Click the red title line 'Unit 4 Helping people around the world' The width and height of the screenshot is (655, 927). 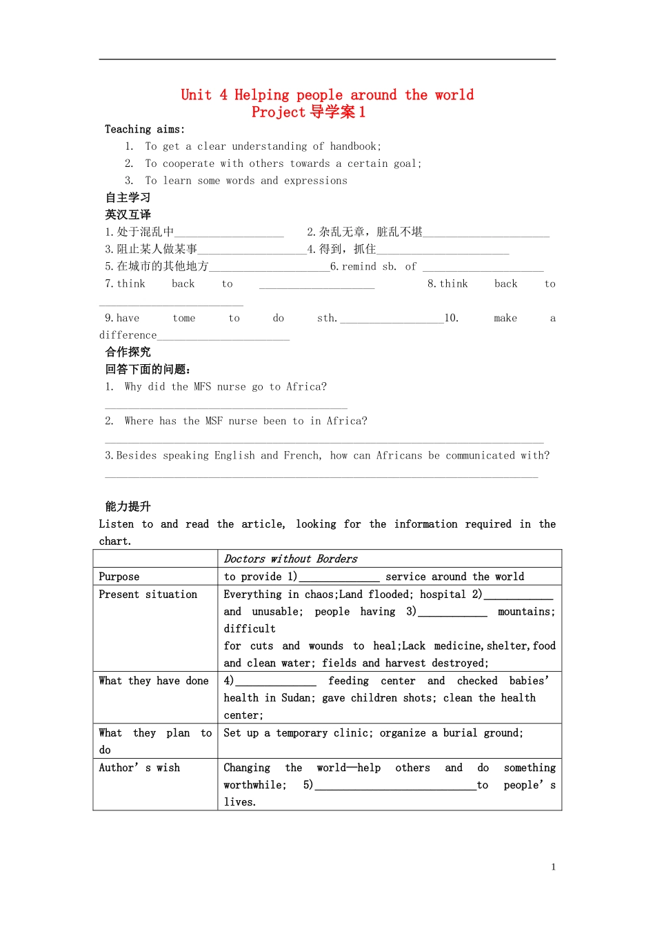click(327, 94)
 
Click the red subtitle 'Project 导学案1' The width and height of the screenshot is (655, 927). click(308, 112)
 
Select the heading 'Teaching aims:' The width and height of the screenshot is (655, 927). click(145, 129)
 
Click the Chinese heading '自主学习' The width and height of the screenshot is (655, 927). click(128, 197)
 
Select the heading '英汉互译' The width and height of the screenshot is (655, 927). click(128, 215)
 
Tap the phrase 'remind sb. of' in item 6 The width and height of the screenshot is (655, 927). click(379, 266)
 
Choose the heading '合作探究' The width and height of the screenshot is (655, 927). click(128, 352)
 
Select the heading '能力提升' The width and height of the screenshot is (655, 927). click(128, 506)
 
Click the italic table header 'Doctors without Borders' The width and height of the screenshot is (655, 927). click(290, 559)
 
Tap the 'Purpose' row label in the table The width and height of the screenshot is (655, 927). click(119, 577)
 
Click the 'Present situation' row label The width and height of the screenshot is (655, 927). click(148, 594)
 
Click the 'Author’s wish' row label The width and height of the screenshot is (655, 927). click(139, 768)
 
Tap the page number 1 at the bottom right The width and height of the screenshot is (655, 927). click(553, 867)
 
